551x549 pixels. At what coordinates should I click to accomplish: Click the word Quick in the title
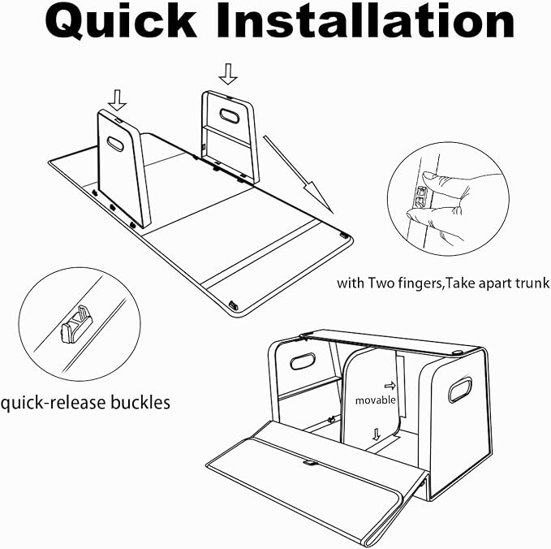(121, 22)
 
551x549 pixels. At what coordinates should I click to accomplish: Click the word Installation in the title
(364, 20)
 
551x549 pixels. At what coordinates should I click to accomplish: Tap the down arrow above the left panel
(118, 100)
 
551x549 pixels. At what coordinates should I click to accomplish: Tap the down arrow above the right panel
(228, 74)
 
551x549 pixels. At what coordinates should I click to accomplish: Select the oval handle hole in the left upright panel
(115, 144)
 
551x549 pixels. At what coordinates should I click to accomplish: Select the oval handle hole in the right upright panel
(230, 115)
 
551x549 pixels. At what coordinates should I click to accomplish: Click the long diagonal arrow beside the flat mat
(298, 175)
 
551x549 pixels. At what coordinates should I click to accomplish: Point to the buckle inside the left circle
(76, 325)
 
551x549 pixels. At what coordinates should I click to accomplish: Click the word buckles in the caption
(140, 402)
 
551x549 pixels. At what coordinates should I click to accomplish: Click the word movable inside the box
(375, 400)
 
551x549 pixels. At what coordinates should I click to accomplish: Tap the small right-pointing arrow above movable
(390, 386)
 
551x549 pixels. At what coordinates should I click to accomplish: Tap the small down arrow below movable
(377, 434)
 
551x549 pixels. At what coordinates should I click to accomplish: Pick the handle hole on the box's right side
(459, 390)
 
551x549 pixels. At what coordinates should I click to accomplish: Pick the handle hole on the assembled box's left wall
(302, 361)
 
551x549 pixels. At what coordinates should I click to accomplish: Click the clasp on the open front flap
(310, 463)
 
